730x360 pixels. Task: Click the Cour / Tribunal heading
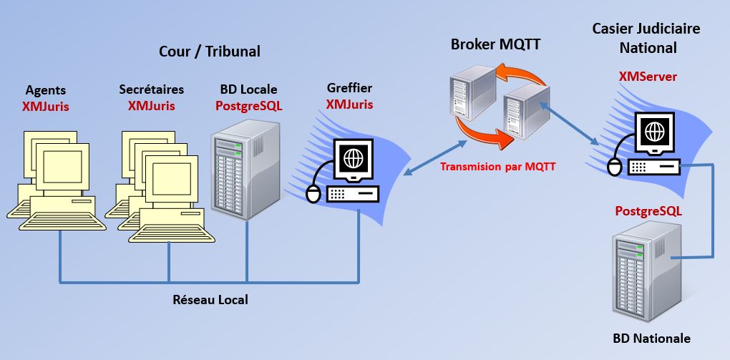point(209,52)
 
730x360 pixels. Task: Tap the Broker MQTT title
point(495,44)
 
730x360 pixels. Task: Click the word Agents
point(46,90)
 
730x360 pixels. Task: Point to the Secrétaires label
point(152,90)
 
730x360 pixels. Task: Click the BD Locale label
point(249,90)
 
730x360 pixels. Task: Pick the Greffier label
point(349,89)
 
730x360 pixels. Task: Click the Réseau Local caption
point(210,300)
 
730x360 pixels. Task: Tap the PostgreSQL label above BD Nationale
point(648,212)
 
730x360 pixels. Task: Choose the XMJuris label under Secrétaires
point(152,106)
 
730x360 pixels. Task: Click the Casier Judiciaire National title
point(646,38)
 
